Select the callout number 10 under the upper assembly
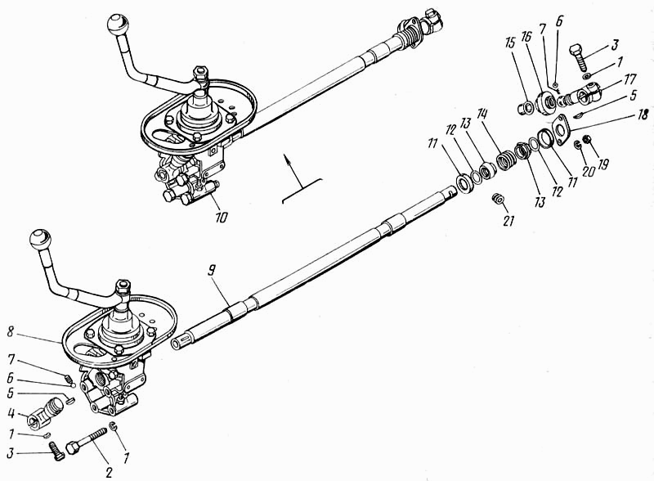pos(222,218)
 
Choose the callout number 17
pos(607,79)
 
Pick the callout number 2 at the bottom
pos(107,472)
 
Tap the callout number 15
pos(508,65)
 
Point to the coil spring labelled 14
pos(507,154)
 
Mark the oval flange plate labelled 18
pos(560,131)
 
